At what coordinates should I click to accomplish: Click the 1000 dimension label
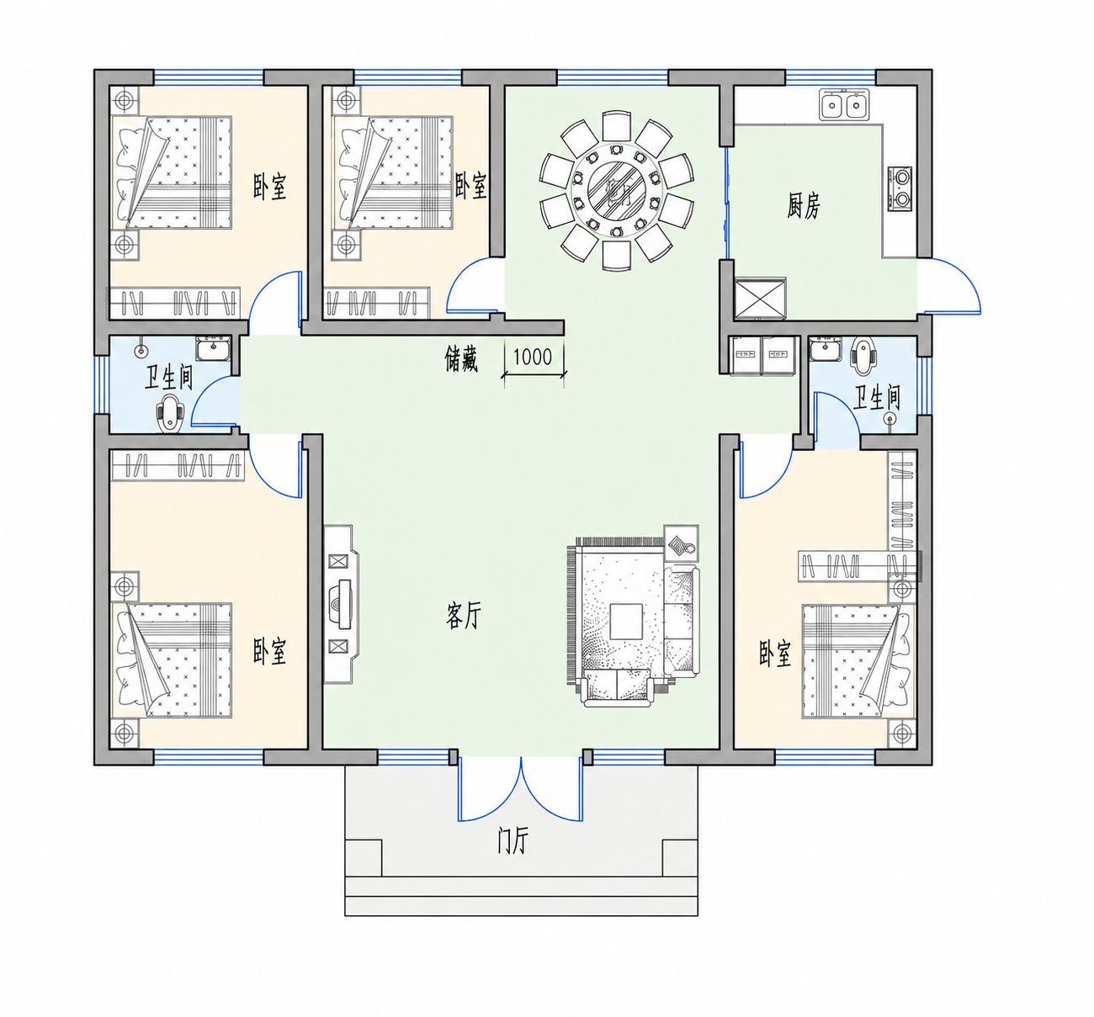click(x=532, y=357)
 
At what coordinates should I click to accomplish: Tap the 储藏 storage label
click(x=461, y=359)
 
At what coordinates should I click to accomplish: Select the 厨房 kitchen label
click(x=803, y=205)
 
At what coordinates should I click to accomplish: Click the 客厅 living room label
click(x=464, y=615)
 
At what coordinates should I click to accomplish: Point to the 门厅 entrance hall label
click(x=512, y=840)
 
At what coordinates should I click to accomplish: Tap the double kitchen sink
click(x=844, y=104)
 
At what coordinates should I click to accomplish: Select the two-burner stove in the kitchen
click(x=900, y=189)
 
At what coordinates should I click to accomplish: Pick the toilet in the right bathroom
click(x=863, y=355)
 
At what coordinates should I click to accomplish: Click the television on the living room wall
click(x=343, y=604)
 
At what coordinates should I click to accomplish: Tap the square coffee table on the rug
click(x=626, y=621)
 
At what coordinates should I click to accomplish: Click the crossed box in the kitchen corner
click(x=760, y=299)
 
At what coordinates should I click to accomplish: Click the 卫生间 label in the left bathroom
click(x=169, y=377)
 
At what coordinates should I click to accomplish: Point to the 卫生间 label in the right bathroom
click(x=877, y=398)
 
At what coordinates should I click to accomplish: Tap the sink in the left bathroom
click(x=213, y=348)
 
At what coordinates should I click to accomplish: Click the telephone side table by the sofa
click(x=682, y=543)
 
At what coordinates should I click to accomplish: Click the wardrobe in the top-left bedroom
click(x=174, y=302)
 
